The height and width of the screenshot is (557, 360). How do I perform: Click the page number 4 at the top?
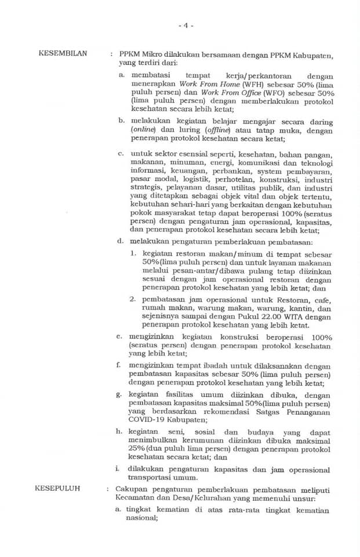pos(186,26)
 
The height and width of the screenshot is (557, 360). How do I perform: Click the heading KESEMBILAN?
pos(63,54)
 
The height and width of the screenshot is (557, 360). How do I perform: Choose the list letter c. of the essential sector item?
pos(119,154)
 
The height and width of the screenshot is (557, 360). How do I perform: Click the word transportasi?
pos(153,478)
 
